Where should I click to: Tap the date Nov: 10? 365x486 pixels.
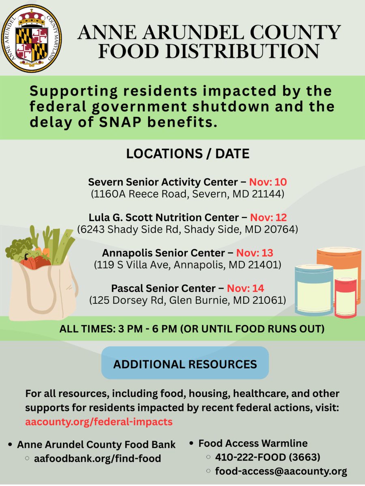point(268,181)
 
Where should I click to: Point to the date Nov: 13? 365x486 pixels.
point(255,253)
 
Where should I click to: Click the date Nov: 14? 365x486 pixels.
point(245,288)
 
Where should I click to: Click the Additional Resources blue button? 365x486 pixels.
point(185,364)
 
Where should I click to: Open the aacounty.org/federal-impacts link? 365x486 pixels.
point(99,422)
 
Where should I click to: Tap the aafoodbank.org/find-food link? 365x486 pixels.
point(98,458)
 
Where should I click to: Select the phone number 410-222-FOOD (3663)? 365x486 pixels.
point(268,457)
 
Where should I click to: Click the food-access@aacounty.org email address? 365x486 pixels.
point(281,471)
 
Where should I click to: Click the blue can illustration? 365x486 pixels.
point(313,290)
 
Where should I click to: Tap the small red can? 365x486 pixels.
point(346,298)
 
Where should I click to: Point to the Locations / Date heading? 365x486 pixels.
point(187,154)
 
